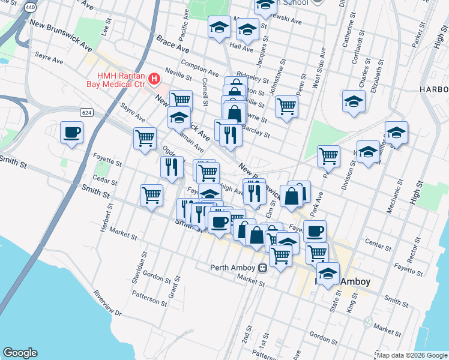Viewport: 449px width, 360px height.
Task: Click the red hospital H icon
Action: [155, 79]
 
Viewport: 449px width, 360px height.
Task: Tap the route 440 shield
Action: [29, 8]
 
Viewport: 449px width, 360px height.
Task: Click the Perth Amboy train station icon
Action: [262, 268]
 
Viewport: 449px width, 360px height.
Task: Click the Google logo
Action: [20, 353]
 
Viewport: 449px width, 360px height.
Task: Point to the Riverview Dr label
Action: [107, 305]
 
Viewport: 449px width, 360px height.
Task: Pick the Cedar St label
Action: [104, 179]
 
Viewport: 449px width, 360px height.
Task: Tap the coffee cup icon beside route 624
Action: [72, 132]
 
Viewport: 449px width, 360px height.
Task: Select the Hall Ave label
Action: [241, 46]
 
